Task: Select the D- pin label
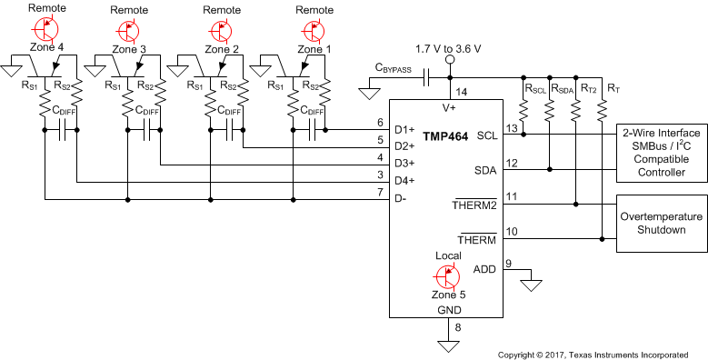401,198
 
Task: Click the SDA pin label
485,170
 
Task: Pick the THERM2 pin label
474,205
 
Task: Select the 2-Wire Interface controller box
662,153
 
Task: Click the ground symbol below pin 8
446,345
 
